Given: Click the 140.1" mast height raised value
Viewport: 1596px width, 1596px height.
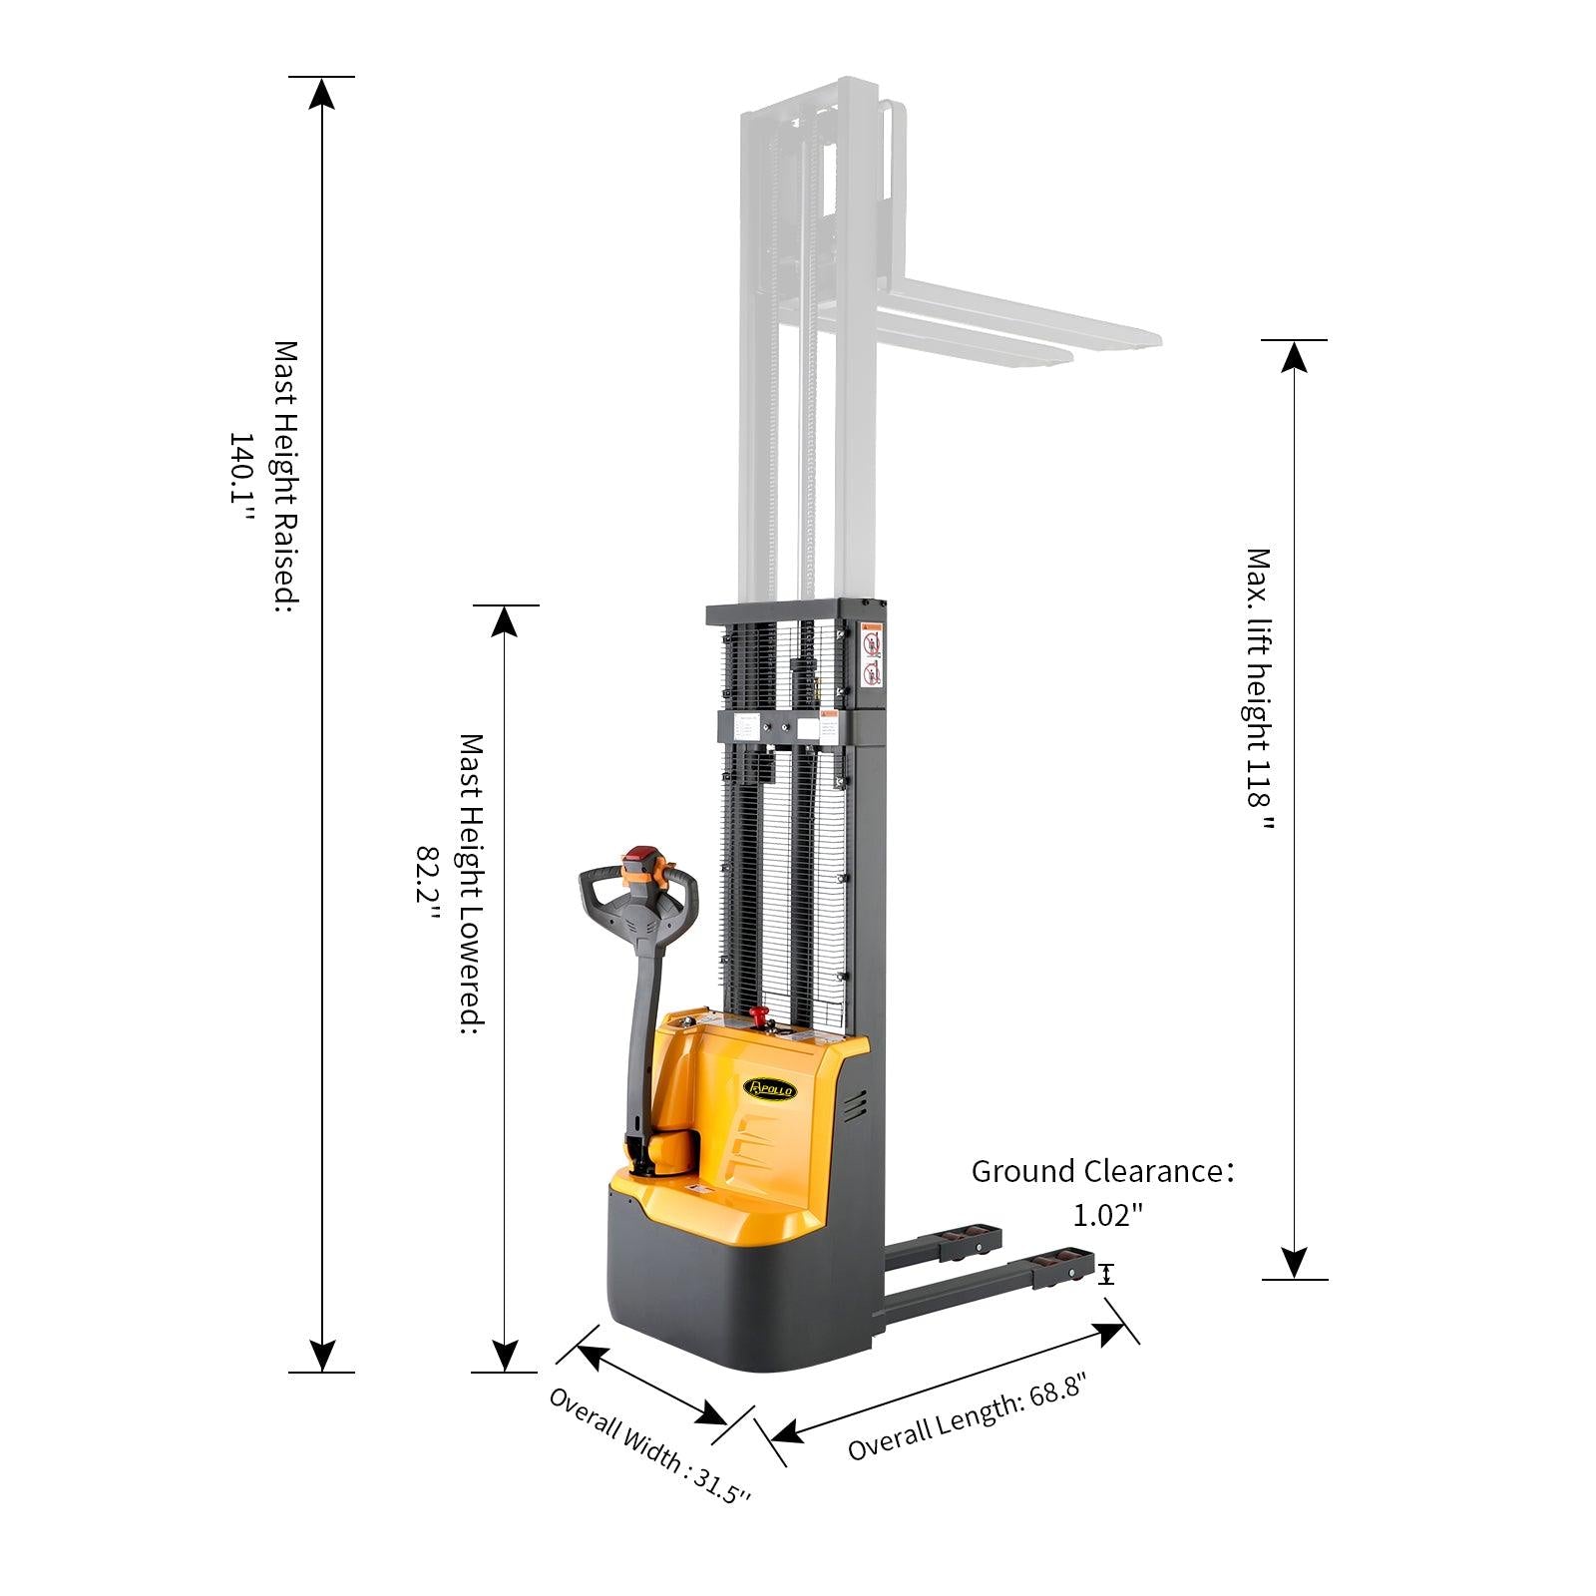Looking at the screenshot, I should tap(242, 478).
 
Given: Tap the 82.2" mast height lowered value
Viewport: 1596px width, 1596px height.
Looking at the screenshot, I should tap(428, 874).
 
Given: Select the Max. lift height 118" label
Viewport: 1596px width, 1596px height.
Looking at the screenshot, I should tap(1259, 688).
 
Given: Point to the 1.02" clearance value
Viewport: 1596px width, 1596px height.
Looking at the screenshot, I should tap(1107, 1215).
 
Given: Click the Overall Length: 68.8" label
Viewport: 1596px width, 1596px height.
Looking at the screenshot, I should tap(966, 1416).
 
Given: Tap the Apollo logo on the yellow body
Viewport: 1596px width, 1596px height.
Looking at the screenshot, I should tap(770, 1088).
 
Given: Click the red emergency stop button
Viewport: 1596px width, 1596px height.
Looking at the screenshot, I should tap(760, 1016).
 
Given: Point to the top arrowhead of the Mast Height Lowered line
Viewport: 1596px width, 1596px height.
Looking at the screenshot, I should tap(506, 621).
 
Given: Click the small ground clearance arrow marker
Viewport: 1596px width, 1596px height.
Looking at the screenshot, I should tap(1106, 1274).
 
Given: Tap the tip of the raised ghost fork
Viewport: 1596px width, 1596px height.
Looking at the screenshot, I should tap(1147, 339).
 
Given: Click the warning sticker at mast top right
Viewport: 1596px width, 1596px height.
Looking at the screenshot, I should tap(872, 657).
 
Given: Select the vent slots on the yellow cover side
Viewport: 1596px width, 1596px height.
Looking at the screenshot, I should tap(854, 1104).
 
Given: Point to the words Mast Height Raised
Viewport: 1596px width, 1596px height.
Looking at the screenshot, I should tap(286, 476).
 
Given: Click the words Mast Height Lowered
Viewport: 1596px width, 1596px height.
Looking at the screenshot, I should tap(471, 883).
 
